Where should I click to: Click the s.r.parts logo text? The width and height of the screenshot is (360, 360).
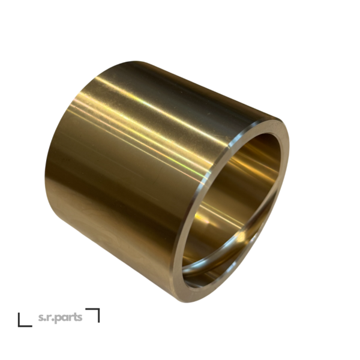(60, 318)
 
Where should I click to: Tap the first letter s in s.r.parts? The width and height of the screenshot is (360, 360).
(41, 318)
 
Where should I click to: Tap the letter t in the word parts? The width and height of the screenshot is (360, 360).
(74, 317)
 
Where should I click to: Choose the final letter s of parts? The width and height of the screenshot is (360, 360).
(79, 318)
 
